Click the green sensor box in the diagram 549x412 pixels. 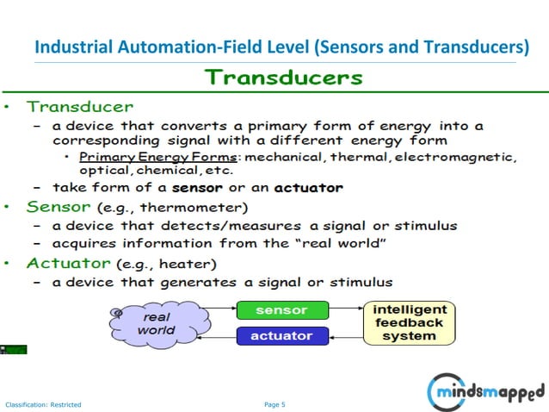click(282, 309)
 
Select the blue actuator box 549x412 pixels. click(282, 335)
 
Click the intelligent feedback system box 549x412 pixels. click(409, 322)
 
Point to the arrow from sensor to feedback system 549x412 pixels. click(346, 308)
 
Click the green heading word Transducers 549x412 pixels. click(283, 77)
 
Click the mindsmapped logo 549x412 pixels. click(486, 393)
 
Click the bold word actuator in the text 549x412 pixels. click(308, 187)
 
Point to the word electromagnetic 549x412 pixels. click(465, 156)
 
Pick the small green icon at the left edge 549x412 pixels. click(15, 349)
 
